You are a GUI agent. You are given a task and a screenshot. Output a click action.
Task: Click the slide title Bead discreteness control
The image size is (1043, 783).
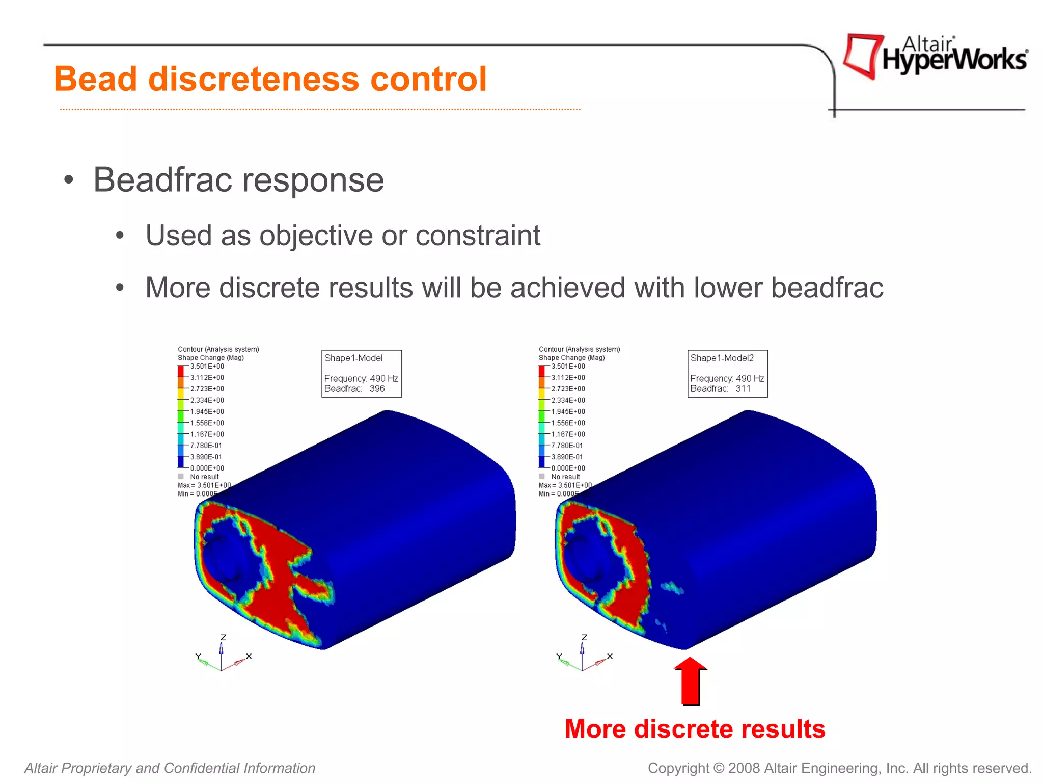tap(270, 79)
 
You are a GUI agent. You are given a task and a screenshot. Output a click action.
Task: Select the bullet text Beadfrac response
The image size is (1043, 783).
tap(238, 180)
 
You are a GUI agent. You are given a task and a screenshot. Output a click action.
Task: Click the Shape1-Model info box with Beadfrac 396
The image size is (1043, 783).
tap(361, 373)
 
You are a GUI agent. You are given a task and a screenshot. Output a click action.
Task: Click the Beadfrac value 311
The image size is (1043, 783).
tap(743, 388)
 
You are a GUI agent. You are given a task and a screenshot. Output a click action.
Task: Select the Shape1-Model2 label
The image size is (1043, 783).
tap(722, 358)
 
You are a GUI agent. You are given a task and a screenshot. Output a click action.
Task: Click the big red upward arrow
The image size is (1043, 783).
tap(691, 681)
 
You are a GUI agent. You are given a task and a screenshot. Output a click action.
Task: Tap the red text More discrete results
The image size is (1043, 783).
tap(695, 728)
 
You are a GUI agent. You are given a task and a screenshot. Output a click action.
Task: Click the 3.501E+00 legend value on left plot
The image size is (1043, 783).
tap(207, 367)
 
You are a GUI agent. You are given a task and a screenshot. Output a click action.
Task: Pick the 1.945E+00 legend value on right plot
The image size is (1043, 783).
tap(568, 411)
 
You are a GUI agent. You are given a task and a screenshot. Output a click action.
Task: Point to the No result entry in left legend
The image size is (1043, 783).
tap(204, 477)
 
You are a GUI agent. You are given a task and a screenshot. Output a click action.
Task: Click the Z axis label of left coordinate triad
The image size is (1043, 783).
tap(223, 637)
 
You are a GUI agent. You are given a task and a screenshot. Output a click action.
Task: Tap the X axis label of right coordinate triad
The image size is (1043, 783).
tap(610, 656)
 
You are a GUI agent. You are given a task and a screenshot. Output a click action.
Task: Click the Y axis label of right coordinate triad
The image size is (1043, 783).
tap(559, 656)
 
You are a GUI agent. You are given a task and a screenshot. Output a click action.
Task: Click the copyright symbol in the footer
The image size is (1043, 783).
tap(718, 768)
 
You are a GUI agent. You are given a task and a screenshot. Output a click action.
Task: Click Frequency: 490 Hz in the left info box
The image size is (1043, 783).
tap(361, 378)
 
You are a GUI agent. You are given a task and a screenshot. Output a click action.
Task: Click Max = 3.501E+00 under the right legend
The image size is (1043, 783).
tap(565, 485)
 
